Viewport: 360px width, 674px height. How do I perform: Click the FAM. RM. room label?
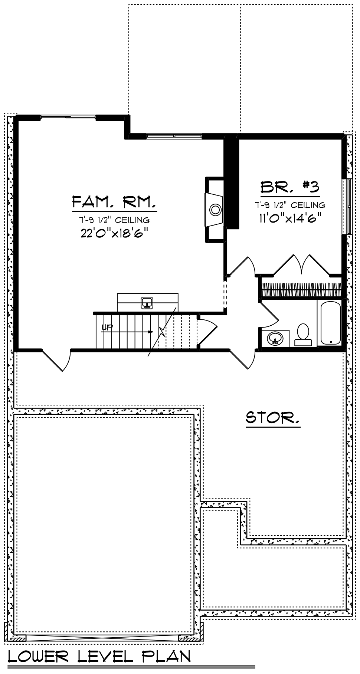(x=114, y=202)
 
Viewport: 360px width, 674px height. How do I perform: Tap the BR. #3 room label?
(x=290, y=187)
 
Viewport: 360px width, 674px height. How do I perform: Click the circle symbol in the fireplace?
(x=215, y=210)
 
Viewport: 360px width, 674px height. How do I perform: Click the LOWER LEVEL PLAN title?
(x=99, y=657)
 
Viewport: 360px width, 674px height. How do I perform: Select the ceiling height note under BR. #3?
(x=290, y=204)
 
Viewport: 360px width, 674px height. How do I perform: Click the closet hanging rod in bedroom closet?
(x=301, y=290)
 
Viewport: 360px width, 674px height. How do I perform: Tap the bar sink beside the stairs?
(x=147, y=302)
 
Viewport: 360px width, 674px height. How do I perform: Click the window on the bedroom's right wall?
(x=349, y=207)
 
